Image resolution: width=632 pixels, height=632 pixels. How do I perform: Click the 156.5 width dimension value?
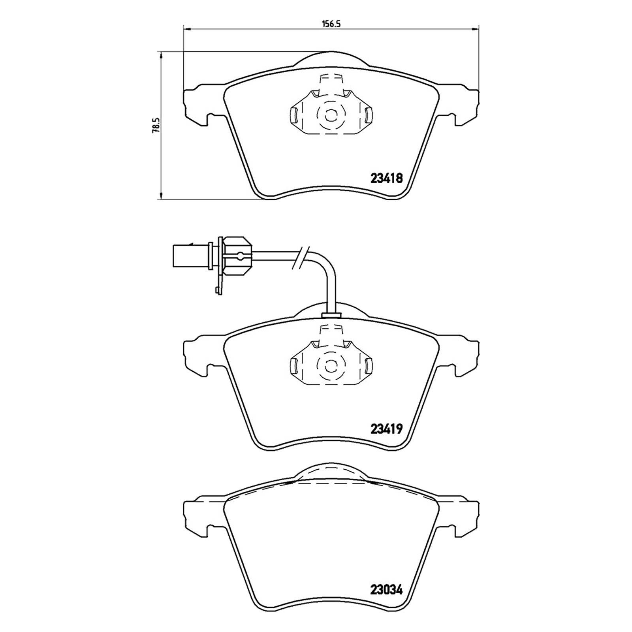click(331, 23)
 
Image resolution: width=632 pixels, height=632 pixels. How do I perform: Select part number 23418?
click(386, 179)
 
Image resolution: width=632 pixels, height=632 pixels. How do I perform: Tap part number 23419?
click(386, 429)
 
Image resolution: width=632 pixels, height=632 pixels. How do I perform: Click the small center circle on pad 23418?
click(330, 116)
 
